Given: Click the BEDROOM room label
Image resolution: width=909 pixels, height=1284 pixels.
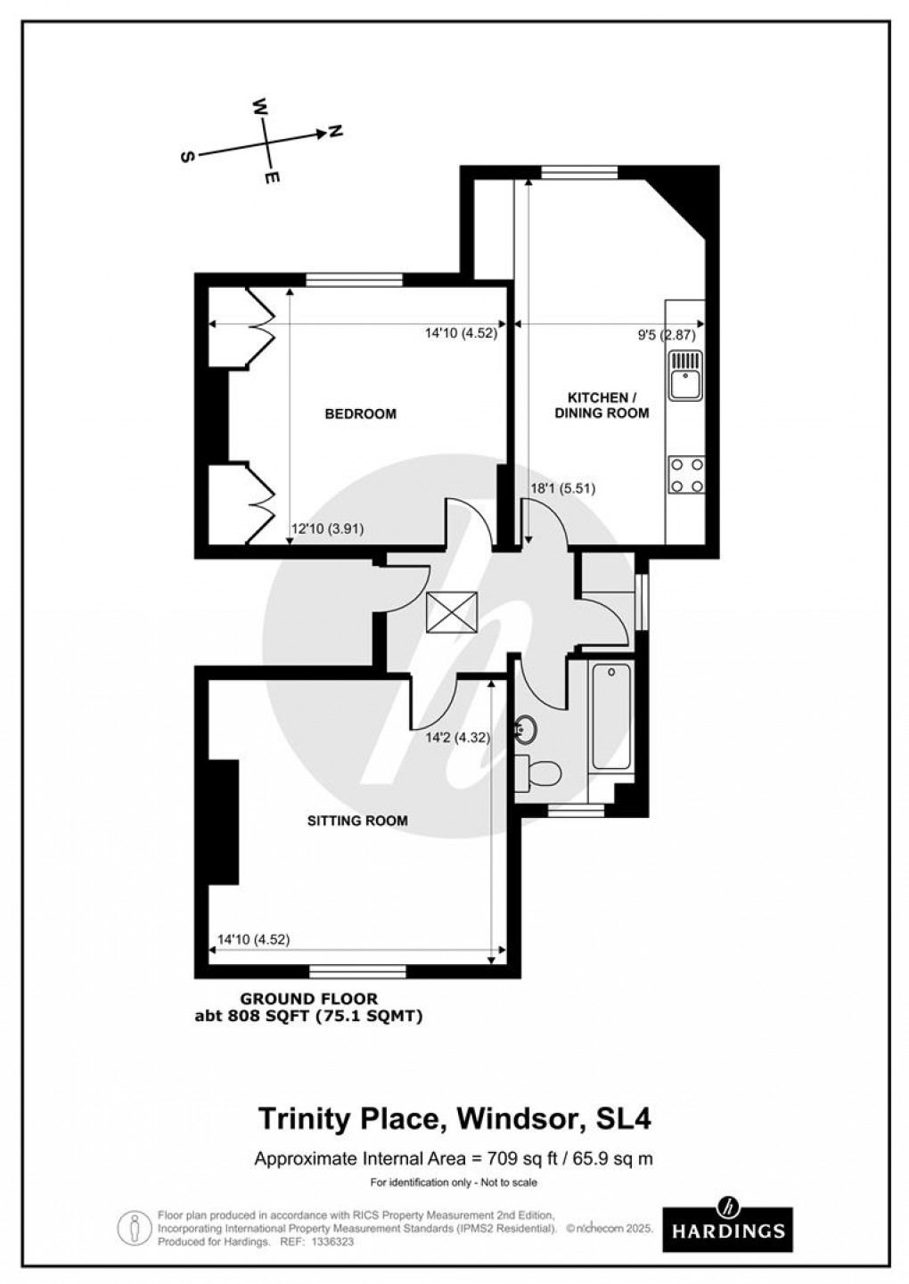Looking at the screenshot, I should tap(360, 413).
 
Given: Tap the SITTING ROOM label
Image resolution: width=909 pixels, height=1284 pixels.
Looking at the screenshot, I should tap(357, 821).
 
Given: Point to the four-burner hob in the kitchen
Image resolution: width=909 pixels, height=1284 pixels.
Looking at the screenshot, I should tap(686, 475).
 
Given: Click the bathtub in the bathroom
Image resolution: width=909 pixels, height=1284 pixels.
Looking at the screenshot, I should tap(611, 716).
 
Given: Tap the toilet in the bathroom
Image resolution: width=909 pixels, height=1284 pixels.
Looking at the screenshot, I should tap(537, 771).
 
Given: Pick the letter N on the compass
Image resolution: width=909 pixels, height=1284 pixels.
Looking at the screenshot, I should tap(336, 131).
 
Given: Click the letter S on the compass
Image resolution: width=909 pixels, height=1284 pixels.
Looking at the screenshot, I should tap(187, 157).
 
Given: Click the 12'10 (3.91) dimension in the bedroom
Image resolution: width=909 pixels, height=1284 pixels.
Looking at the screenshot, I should tap(327, 529).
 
